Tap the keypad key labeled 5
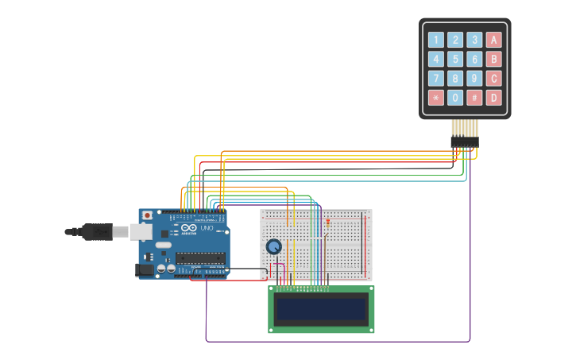pyautogui.click(x=455, y=59)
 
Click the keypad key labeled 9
pyautogui.click(x=474, y=79)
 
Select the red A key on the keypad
pyautogui.click(x=493, y=40)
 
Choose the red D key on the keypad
pyautogui.click(x=493, y=98)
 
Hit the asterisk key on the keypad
pyautogui.click(x=436, y=98)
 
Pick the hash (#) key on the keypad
pyautogui.click(x=474, y=98)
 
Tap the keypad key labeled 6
pyautogui.click(x=474, y=59)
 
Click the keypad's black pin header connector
pyautogui.click(x=465, y=141)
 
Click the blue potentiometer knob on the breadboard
pyautogui.click(x=273, y=246)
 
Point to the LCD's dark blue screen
pyautogui.click(x=321, y=308)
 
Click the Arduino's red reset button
pyautogui.click(x=147, y=215)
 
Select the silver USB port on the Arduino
pyautogui.click(x=141, y=231)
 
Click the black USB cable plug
pyautogui.click(x=95, y=231)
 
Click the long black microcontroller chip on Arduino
pyautogui.click(x=200, y=257)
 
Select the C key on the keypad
pyautogui.click(x=493, y=79)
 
